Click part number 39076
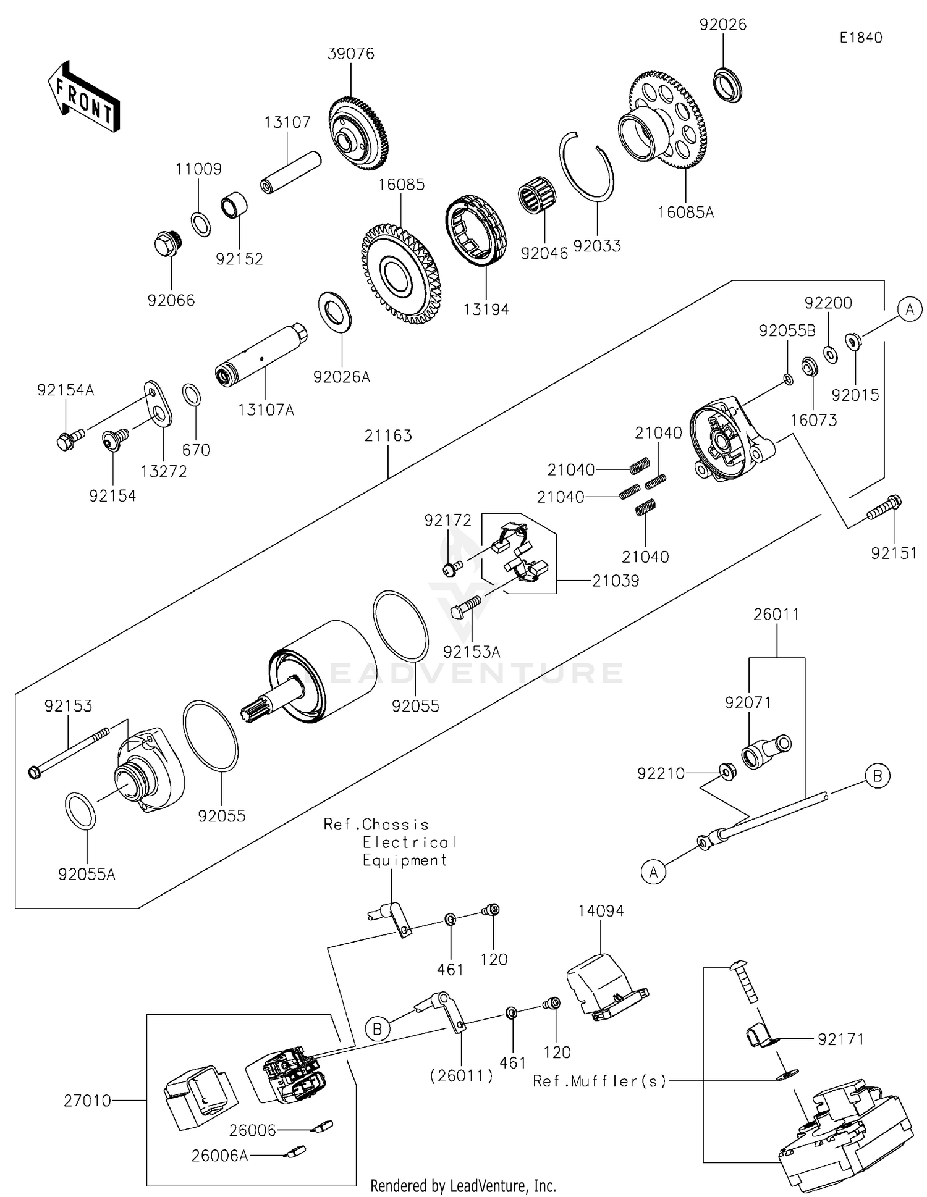tap(350, 54)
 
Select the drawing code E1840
tap(860, 38)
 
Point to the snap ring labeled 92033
tap(587, 166)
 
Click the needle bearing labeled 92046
tap(535, 190)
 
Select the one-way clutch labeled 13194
tap(477, 230)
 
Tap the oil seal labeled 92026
tap(727, 85)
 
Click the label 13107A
tap(266, 409)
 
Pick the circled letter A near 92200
tap(909, 309)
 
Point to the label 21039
tap(616, 581)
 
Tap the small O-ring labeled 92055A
tap(80, 810)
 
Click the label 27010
tap(87, 1101)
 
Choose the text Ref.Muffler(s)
tap(599, 1081)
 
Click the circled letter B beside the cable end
tap(877, 776)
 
